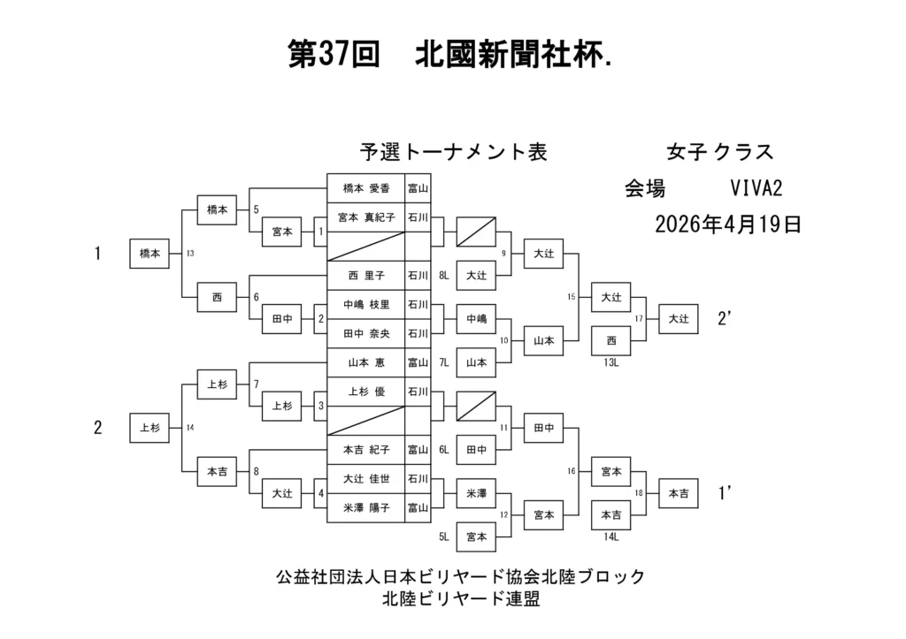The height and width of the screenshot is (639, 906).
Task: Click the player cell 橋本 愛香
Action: click(366, 188)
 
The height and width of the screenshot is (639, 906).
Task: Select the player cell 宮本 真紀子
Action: click(366, 217)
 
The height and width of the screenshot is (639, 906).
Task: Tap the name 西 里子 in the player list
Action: click(366, 275)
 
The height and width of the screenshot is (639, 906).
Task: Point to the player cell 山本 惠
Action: click(366, 361)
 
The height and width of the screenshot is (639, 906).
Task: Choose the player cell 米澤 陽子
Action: click(366, 507)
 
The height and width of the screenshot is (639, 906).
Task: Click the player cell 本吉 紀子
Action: click(366, 449)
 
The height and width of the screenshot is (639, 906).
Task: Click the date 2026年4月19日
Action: click(728, 224)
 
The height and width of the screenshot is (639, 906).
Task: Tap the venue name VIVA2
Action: click(756, 188)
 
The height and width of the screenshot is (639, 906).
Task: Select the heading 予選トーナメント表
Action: click(453, 152)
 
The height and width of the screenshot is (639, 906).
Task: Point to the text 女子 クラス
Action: click(719, 152)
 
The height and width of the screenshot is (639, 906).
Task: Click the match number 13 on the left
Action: click(189, 254)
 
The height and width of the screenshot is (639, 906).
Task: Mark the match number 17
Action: click(639, 318)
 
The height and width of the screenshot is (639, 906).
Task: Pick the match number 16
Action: click(572, 471)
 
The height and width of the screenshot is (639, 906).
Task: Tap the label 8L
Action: click(443, 276)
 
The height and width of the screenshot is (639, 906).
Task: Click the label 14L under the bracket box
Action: click(610, 536)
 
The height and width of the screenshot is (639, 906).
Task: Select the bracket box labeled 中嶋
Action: click(476, 319)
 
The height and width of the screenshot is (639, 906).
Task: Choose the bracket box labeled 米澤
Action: click(476, 492)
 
